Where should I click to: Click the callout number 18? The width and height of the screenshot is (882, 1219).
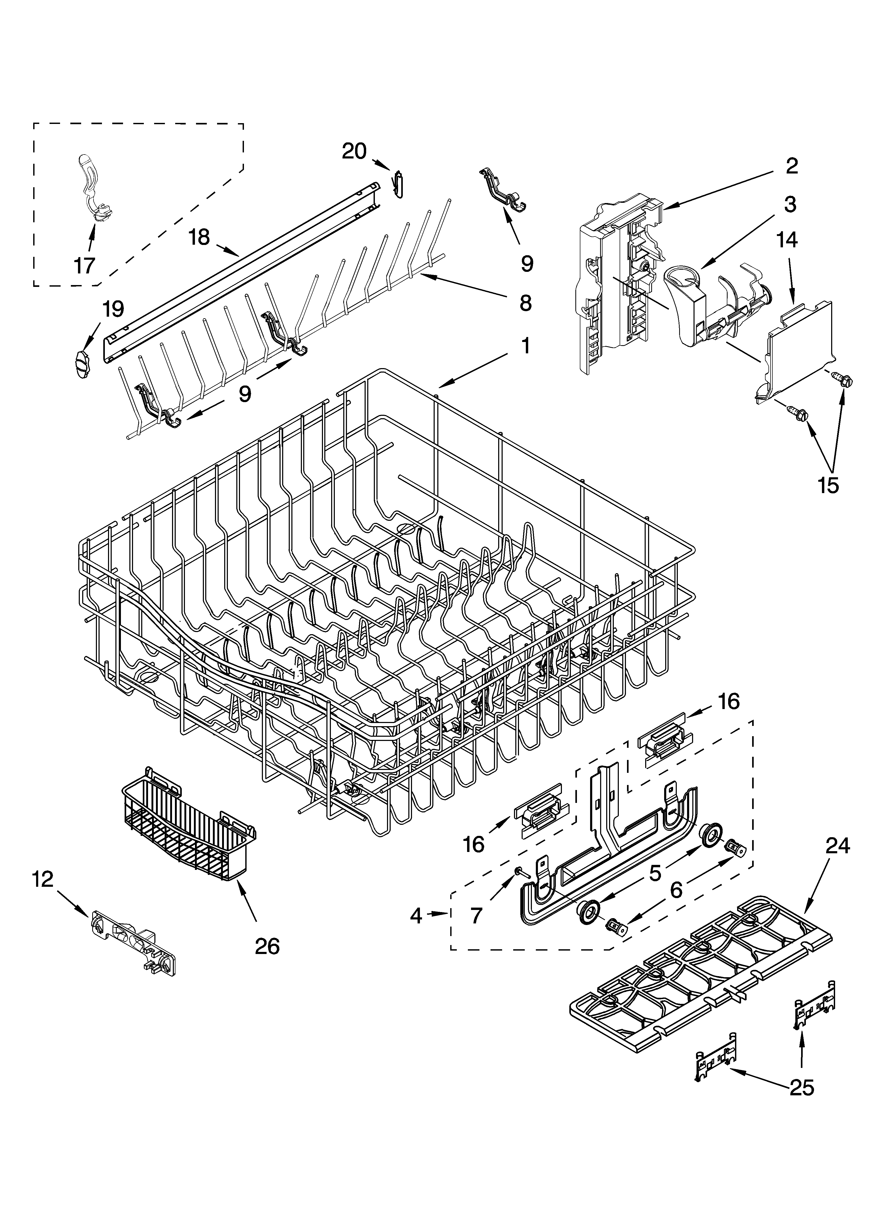click(199, 237)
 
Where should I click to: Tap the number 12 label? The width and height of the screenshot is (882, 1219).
click(43, 879)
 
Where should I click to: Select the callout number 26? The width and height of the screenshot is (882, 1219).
click(267, 946)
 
